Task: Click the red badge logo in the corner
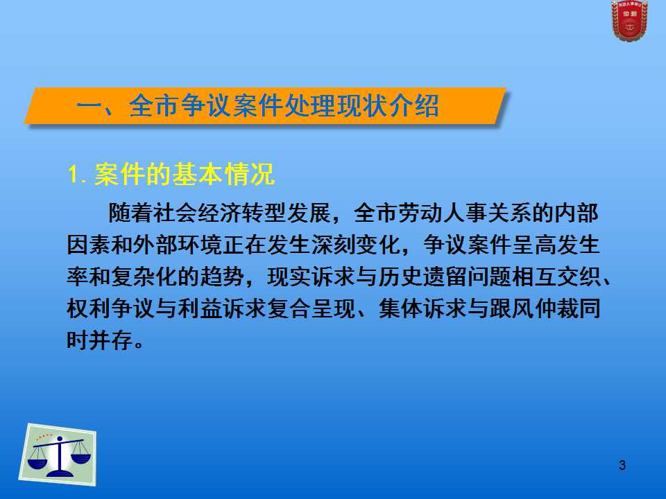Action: [629, 20]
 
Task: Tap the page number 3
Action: [622, 465]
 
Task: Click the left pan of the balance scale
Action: [37, 460]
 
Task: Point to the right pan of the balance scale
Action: [80, 458]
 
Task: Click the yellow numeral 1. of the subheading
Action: [78, 175]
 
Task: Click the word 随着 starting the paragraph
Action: [130, 213]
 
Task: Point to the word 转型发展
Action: [287, 213]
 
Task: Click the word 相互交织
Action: [556, 277]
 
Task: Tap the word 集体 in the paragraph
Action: [400, 308]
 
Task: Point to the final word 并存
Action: [111, 340]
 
